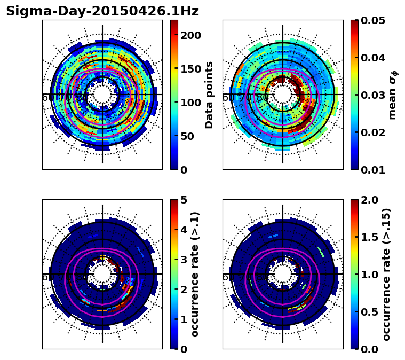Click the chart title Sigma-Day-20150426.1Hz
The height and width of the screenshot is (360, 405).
point(102,11)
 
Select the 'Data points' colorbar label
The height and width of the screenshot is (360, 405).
point(209,95)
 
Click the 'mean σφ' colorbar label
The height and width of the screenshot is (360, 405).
point(393,95)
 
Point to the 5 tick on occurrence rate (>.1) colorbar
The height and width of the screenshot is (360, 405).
point(182,200)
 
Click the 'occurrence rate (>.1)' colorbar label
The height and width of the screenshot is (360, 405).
point(195,274)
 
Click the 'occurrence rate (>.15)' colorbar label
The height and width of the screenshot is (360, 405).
point(387,274)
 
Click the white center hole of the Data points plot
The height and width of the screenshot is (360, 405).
point(102,95)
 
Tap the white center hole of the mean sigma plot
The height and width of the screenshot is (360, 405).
point(283,95)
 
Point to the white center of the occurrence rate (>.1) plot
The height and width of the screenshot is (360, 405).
point(102,274)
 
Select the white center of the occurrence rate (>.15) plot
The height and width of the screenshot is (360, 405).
point(283,274)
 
